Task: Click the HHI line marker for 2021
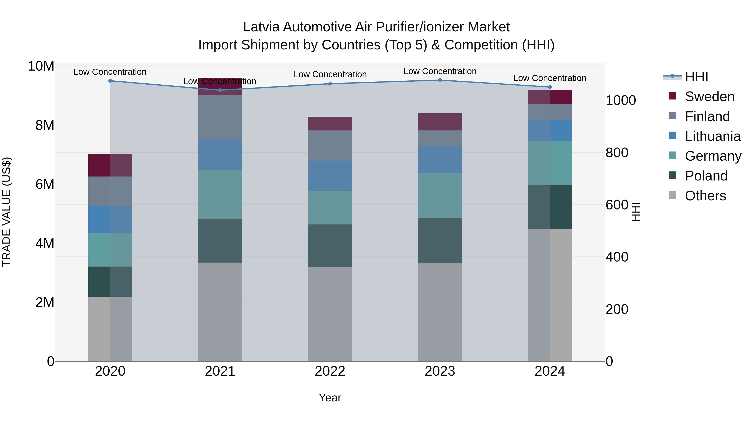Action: (x=220, y=90)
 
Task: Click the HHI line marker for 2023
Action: (x=440, y=80)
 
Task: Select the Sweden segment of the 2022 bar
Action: (x=330, y=124)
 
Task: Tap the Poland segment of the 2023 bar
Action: (x=440, y=241)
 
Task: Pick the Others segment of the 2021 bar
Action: (x=220, y=312)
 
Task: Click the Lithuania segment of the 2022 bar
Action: (x=330, y=176)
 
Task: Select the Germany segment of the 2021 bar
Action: (x=220, y=195)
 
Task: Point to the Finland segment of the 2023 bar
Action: (x=440, y=138)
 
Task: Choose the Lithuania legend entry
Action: (x=712, y=136)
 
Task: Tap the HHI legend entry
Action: (x=696, y=77)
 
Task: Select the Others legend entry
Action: (x=705, y=196)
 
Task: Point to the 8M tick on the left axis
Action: (x=45, y=125)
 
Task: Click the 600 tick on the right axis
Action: (x=617, y=205)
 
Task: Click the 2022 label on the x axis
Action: (x=330, y=371)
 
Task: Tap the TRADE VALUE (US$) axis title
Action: (x=6, y=212)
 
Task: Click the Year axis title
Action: (x=330, y=398)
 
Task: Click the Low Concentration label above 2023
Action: (x=440, y=71)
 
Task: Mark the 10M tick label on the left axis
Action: (x=41, y=66)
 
